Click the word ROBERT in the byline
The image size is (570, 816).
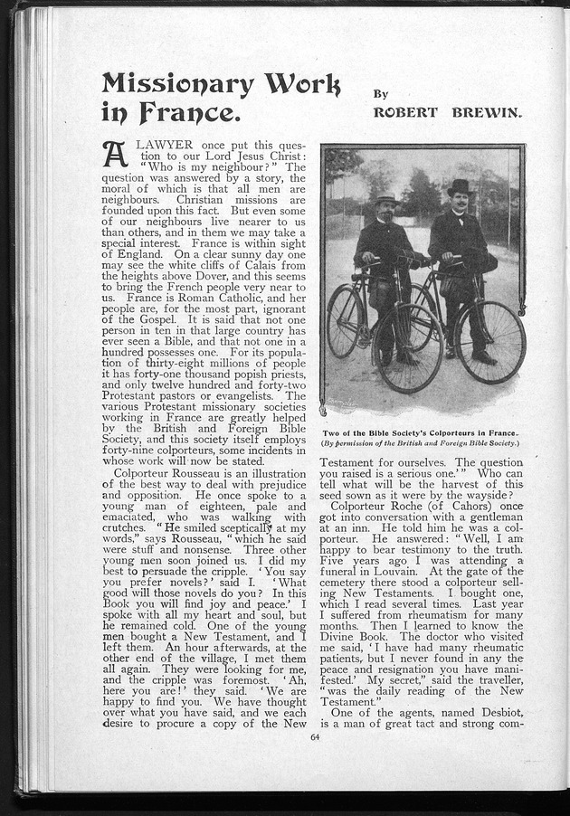pyautogui.click(x=405, y=112)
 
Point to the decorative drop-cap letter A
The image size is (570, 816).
pyautogui.click(x=115, y=154)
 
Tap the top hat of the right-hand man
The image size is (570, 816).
pyautogui.click(x=460, y=186)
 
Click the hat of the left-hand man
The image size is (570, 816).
pyautogui.click(x=387, y=200)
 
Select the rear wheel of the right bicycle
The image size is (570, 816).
pyautogui.click(x=490, y=342)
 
